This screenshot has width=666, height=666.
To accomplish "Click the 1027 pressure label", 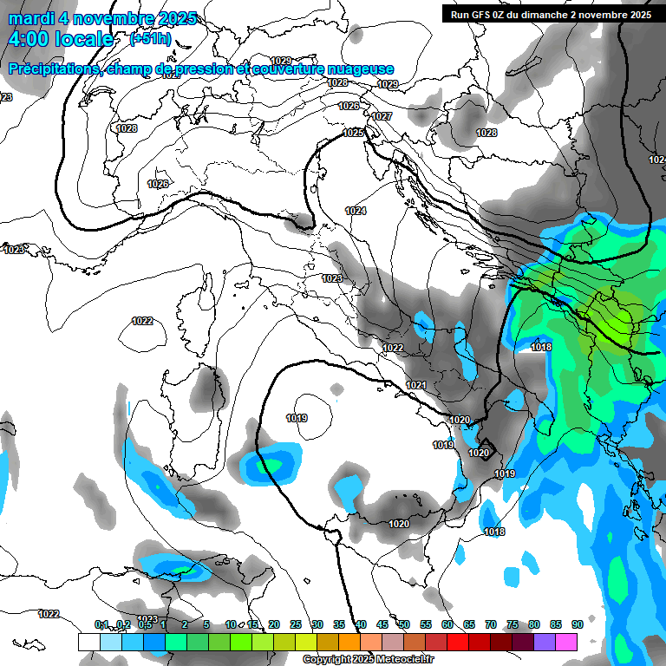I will (x=382, y=116).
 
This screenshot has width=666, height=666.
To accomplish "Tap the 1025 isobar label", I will (x=353, y=133).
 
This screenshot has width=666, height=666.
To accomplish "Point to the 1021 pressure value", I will (x=416, y=385).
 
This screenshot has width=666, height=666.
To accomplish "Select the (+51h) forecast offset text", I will (x=150, y=39).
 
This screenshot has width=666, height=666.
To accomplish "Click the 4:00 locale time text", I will (x=61, y=39).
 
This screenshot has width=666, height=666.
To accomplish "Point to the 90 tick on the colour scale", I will (x=577, y=625).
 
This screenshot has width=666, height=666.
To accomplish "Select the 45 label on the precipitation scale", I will (x=382, y=625).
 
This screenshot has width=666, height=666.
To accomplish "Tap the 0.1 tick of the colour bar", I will (x=101, y=625).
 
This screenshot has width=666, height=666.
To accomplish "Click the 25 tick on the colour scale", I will (x=296, y=625).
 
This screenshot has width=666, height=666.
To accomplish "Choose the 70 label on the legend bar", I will (x=491, y=625).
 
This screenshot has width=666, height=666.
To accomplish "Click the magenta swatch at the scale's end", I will (x=566, y=642).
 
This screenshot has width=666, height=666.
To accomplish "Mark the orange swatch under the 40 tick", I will (x=349, y=642).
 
